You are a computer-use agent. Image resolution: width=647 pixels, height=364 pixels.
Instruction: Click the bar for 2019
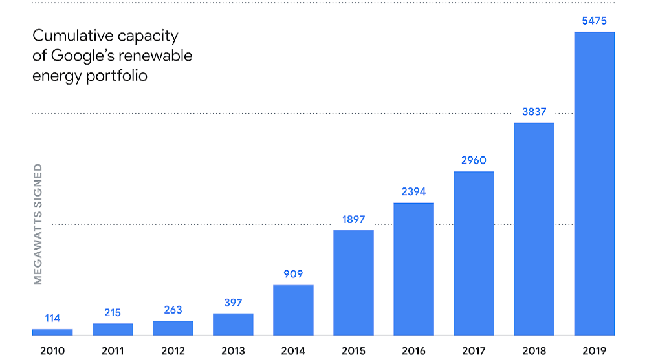594,184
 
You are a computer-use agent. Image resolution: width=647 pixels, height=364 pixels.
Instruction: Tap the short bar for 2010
52,332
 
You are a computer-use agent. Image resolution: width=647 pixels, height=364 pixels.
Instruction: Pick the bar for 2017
474,253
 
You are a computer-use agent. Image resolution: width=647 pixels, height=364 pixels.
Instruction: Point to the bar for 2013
233,325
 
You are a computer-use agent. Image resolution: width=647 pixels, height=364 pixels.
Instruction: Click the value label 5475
594,21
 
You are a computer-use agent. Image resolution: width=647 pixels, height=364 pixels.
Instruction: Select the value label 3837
534,112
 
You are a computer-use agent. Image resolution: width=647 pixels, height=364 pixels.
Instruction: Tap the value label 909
293,274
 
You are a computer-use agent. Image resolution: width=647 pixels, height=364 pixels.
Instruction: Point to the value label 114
52,318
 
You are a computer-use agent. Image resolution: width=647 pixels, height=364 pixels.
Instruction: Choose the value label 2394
413,192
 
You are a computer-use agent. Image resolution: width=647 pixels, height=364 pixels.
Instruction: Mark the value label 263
173,310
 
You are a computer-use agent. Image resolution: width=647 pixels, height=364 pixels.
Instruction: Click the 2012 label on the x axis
173,351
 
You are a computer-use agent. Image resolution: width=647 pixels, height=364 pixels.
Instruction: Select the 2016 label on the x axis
413,351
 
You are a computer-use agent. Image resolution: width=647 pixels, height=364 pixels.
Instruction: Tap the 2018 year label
534,351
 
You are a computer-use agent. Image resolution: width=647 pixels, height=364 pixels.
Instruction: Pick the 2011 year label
113,351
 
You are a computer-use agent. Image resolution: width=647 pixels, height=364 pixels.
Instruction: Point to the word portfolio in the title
120,76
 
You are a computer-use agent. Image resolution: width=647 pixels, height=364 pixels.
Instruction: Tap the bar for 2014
293,310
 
